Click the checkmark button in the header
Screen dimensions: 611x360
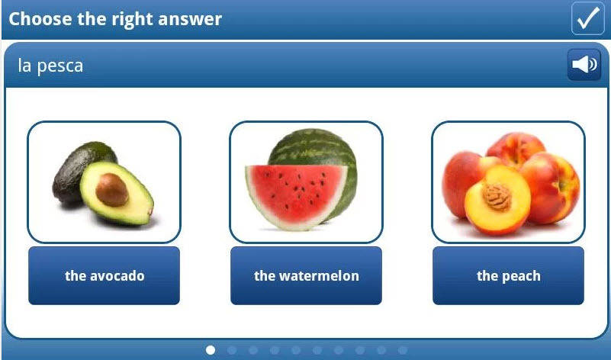pyautogui.click(x=587, y=18)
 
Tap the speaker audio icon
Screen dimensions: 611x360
pyautogui.click(x=584, y=64)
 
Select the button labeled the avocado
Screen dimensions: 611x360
pyautogui.click(x=104, y=275)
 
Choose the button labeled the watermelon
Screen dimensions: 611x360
pyautogui.click(x=307, y=275)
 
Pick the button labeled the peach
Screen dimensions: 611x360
pyautogui.click(x=508, y=275)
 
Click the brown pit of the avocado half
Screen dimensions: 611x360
pyautogui.click(x=112, y=190)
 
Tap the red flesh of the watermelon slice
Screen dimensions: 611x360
pyautogui.click(x=297, y=191)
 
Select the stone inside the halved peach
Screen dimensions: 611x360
pyautogui.click(x=497, y=196)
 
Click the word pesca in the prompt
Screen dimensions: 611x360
pyautogui.click(x=60, y=66)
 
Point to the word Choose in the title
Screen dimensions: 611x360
pyautogui.click(x=40, y=19)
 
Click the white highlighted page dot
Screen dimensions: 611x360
pyautogui.click(x=211, y=350)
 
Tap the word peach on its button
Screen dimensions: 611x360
pyautogui.click(x=520, y=276)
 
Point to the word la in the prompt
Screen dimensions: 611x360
pyautogui.click(x=24, y=65)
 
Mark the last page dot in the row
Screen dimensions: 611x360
pyautogui.click(x=403, y=350)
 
